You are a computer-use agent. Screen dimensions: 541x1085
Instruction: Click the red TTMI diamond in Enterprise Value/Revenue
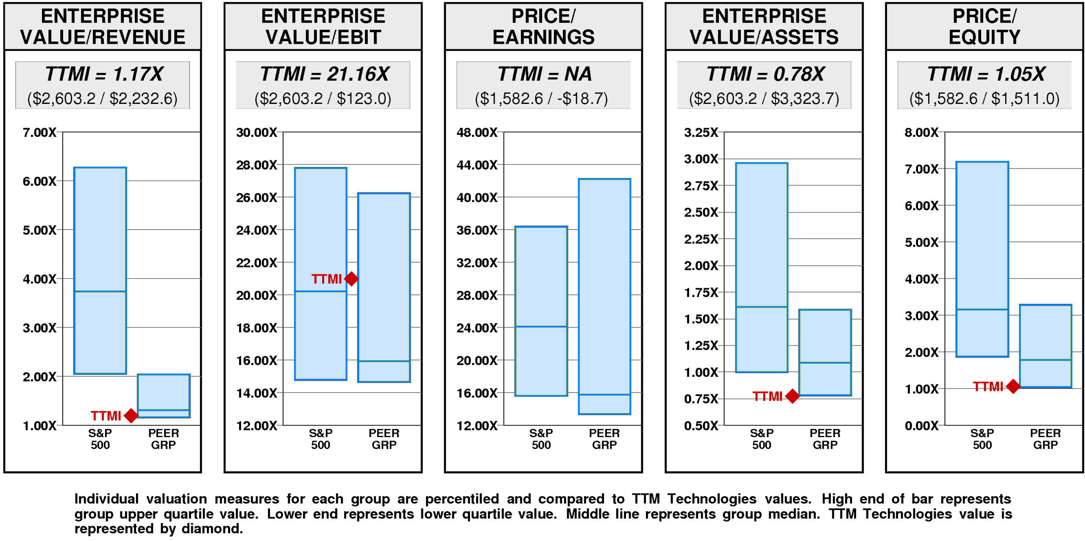(131, 416)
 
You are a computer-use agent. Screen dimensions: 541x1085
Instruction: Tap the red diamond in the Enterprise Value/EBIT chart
(351, 279)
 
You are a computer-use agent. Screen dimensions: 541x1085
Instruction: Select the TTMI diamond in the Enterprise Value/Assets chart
(792, 396)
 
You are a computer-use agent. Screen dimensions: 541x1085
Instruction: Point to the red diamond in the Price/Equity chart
(1013, 386)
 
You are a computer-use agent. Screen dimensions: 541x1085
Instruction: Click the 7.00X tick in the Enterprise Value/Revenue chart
(39, 132)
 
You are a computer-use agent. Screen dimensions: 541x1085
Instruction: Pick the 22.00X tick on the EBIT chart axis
(256, 262)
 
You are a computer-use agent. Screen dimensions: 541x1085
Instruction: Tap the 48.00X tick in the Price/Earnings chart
(477, 132)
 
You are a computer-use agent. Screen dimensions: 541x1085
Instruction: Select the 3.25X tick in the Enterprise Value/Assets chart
(701, 132)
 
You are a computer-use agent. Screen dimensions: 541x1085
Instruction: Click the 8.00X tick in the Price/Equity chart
(921, 132)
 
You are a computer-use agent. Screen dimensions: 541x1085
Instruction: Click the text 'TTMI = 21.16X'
(324, 74)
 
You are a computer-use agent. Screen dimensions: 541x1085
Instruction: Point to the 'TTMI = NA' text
(544, 74)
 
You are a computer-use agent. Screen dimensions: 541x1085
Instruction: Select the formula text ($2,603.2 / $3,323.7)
(764, 98)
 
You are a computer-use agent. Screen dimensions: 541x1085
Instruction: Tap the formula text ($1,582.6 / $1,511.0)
(984, 98)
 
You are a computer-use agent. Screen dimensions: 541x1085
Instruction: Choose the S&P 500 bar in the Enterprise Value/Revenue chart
(100, 270)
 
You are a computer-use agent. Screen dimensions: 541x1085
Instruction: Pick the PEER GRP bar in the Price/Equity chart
(1045, 346)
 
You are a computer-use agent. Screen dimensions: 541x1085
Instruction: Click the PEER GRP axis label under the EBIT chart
(384, 439)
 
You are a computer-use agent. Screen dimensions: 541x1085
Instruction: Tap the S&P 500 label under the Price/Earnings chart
(541, 439)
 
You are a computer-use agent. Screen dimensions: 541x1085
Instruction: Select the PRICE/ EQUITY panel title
(984, 26)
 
